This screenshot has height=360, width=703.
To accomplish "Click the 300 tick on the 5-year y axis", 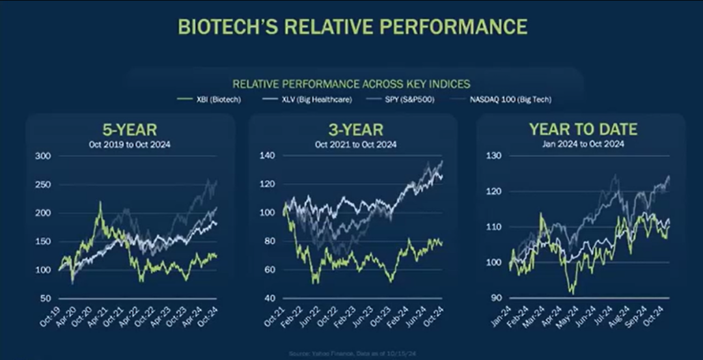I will coord(43,156).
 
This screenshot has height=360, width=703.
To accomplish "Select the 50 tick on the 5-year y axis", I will coord(46,298).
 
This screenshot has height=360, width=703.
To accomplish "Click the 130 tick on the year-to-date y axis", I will coord(494,156).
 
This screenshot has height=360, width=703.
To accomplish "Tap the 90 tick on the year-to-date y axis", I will coord(496,298).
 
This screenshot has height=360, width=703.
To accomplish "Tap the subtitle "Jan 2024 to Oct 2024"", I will coord(583,144).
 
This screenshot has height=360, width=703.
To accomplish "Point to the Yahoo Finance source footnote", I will coord(351,353).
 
